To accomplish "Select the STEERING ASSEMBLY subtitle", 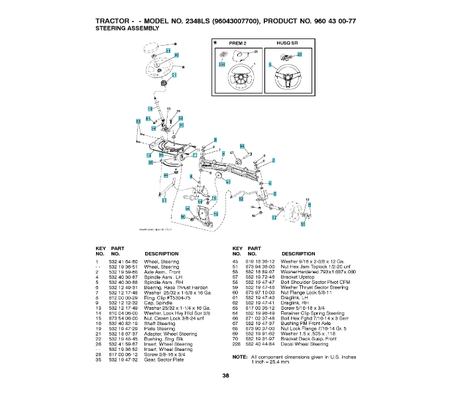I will pos(130,29).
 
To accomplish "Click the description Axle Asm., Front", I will pos(162,272).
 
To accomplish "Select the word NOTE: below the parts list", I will pos(240,357).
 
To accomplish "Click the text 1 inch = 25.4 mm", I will pos(271,362).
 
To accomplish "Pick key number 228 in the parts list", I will pos(236,344).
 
